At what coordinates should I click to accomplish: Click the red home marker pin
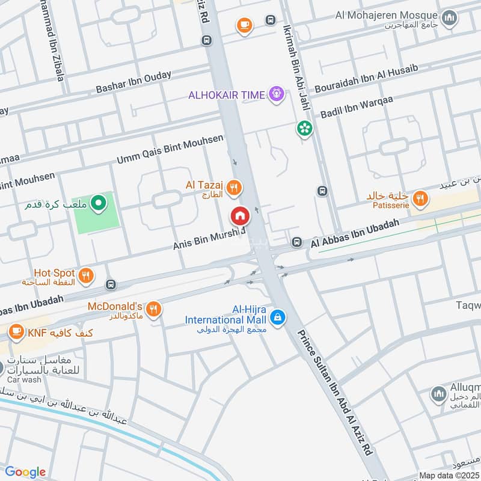240,216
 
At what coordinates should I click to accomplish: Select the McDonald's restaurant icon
154,309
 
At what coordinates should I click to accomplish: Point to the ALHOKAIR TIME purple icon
276,94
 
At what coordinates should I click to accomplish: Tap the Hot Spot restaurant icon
87,275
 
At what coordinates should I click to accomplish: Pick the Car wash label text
24,380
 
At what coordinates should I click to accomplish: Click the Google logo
26,472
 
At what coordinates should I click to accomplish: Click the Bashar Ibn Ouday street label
133,82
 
